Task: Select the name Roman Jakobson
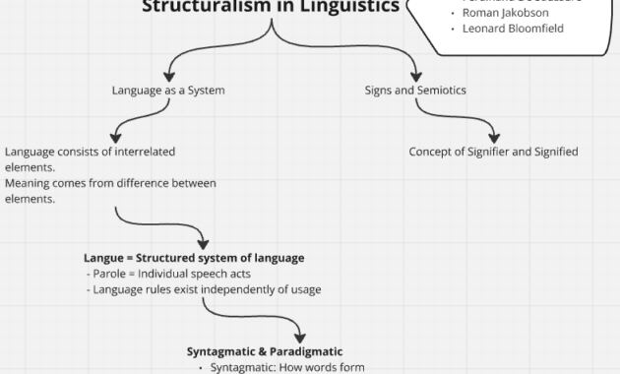tap(506, 13)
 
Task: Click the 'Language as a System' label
tap(168, 91)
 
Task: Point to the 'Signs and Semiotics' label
tap(415, 91)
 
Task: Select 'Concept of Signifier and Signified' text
tap(493, 152)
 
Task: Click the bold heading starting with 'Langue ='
tap(195, 258)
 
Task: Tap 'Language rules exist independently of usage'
tap(203, 289)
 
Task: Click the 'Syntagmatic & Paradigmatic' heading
tap(265, 351)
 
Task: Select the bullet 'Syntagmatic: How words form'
tap(280, 367)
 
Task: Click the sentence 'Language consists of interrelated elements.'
tap(91, 159)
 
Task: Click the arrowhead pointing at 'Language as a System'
tap(168, 75)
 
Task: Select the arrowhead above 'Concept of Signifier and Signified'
tap(493, 137)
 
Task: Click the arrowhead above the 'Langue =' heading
tap(203, 242)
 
